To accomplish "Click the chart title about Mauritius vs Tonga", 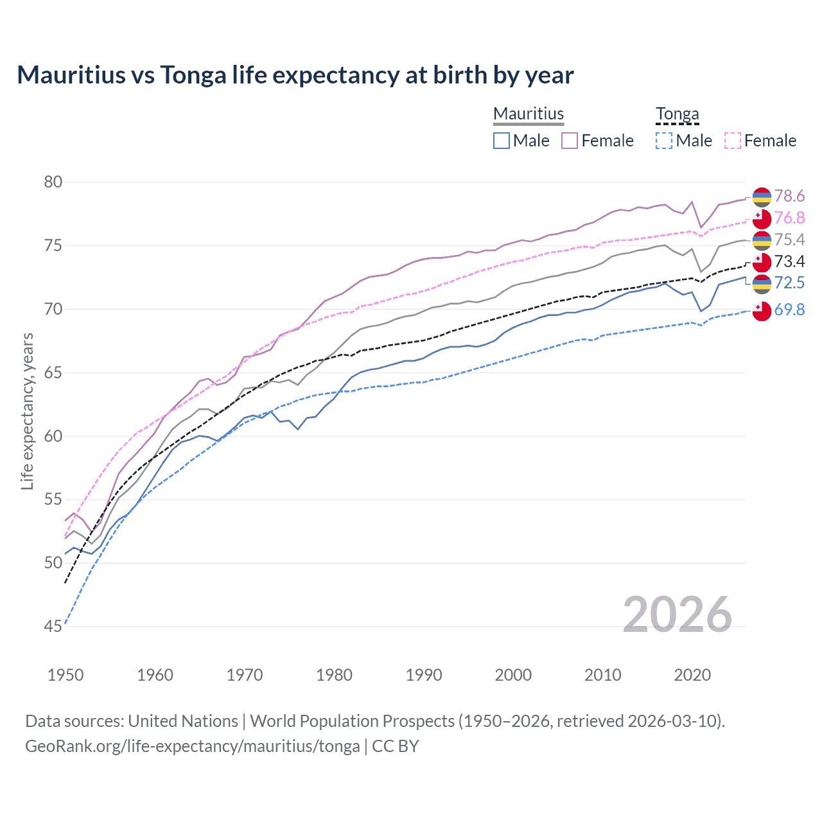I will pyautogui.click(x=295, y=75).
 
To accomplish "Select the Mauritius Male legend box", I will pyautogui.click(x=502, y=141).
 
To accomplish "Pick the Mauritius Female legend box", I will pyautogui.click(x=570, y=141).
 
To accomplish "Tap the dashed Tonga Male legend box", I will pyautogui.click(x=664, y=141).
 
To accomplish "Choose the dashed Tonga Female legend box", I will pyautogui.click(x=732, y=141).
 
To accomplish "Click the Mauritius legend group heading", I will pyautogui.click(x=529, y=114).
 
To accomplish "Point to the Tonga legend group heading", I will pyautogui.click(x=677, y=114).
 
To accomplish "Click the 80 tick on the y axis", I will pyautogui.click(x=53, y=182).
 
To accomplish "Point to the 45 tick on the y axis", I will pyautogui.click(x=53, y=626).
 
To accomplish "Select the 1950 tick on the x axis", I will pyautogui.click(x=66, y=675).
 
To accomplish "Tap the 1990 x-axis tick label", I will pyautogui.click(x=424, y=675).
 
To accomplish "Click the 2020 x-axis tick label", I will pyautogui.click(x=692, y=675).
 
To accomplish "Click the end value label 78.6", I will pyautogui.click(x=789, y=196).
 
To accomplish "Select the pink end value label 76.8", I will pyautogui.click(x=789, y=218).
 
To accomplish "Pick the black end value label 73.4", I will pyautogui.click(x=789, y=261).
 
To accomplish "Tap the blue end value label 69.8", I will pyautogui.click(x=789, y=310).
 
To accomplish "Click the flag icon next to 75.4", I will pyautogui.click(x=762, y=240).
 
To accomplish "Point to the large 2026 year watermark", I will pyautogui.click(x=677, y=615).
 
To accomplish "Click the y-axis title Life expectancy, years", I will pyautogui.click(x=28, y=411).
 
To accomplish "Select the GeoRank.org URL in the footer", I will pyautogui.click(x=193, y=746).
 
